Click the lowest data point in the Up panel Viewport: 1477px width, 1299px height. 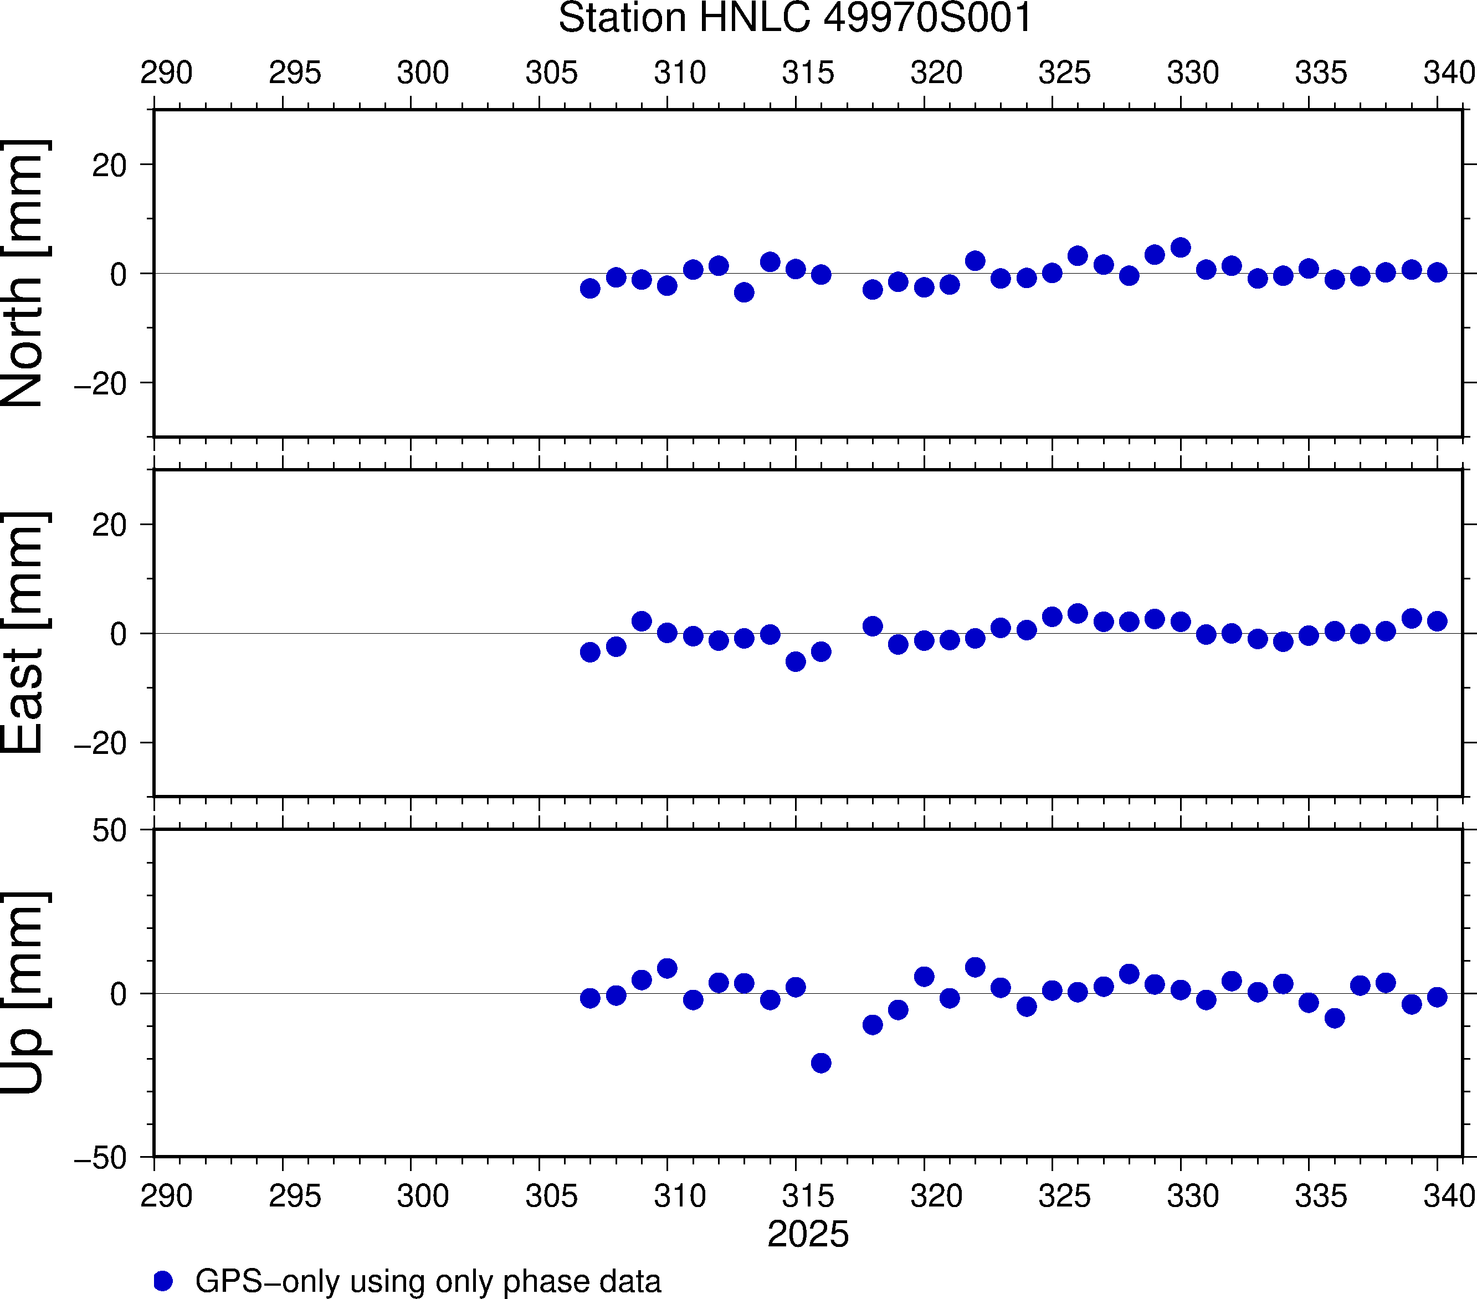click(x=821, y=1063)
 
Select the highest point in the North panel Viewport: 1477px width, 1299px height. click(x=1181, y=248)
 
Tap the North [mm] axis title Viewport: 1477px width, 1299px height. click(x=24, y=273)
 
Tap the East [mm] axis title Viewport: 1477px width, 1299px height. click(x=24, y=633)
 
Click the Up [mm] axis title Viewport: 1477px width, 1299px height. click(x=24, y=993)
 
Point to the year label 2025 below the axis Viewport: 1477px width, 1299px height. click(x=808, y=1234)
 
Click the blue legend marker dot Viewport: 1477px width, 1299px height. click(x=163, y=1281)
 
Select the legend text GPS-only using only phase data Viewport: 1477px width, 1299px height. click(x=428, y=1281)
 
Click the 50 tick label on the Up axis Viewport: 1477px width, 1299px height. click(x=109, y=831)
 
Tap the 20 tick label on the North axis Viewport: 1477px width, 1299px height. click(x=109, y=166)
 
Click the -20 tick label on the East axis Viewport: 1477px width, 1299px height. click(x=100, y=743)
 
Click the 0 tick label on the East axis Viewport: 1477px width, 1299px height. click(x=119, y=634)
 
